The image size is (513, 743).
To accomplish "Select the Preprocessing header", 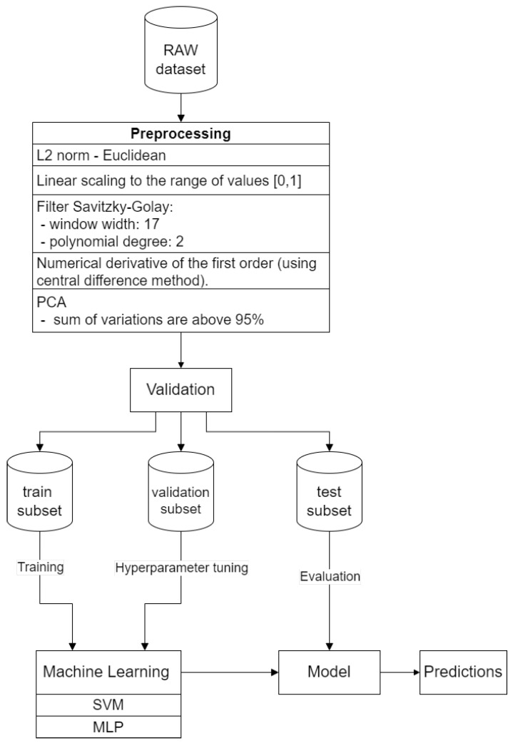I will (181, 133).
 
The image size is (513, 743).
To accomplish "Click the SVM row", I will (109, 705).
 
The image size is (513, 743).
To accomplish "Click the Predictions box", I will (463, 672).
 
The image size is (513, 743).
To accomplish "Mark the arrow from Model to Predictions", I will (399, 672).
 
